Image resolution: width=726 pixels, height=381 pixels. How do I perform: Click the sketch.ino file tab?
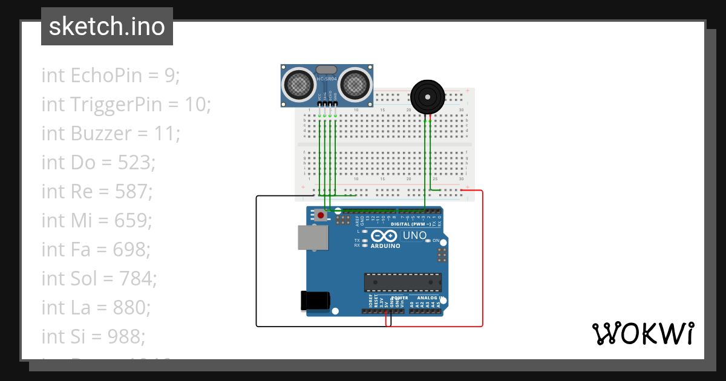107,27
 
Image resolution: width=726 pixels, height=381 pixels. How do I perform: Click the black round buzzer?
427,97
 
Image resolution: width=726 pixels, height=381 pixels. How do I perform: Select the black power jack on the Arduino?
315,301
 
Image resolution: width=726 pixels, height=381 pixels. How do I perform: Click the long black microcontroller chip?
402,282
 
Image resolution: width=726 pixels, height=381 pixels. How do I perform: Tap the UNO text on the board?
415,235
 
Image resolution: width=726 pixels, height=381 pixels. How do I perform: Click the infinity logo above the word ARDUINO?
384,236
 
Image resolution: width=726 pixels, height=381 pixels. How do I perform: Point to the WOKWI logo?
643,333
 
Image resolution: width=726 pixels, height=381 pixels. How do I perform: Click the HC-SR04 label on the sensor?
327,79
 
